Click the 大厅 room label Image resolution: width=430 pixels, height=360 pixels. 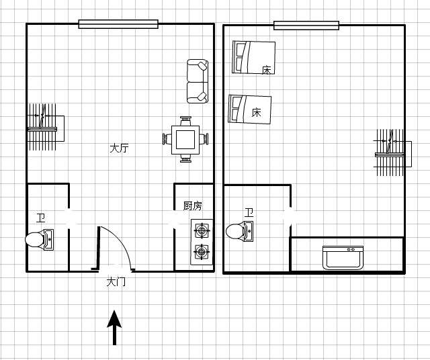pyautogui.click(x=119, y=148)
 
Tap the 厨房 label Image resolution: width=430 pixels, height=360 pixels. pyautogui.click(x=193, y=206)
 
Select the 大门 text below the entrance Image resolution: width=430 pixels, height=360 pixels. pyautogui.click(x=116, y=282)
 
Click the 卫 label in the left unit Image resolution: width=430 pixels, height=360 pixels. pyautogui.click(x=41, y=218)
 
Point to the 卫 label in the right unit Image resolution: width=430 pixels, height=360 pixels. pyautogui.click(x=249, y=212)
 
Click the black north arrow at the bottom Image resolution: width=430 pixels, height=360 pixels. pyautogui.click(x=114, y=327)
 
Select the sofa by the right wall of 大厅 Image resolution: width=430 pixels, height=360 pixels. pyautogui.click(x=198, y=81)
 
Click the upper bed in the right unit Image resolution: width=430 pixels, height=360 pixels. pyautogui.click(x=254, y=57)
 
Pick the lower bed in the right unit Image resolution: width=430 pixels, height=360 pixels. pyautogui.click(x=249, y=109)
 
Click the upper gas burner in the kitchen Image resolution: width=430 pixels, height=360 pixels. pyautogui.click(x=202, y=230)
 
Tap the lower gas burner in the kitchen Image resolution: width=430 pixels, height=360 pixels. pyautogui.click(x=202, y=252)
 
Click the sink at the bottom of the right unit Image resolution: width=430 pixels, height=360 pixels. pyautogui.click(x=343, y=258)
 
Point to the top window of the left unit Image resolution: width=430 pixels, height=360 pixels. pyautogui.click(x=118, y=24)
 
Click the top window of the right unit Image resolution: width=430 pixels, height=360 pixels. pyautogui.click(x=306, y=26)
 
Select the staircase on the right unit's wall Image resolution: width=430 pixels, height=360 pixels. pyautogui.click(x=392, y=152)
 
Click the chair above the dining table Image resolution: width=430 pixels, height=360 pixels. pyautogui.click(x=185, y=121)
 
